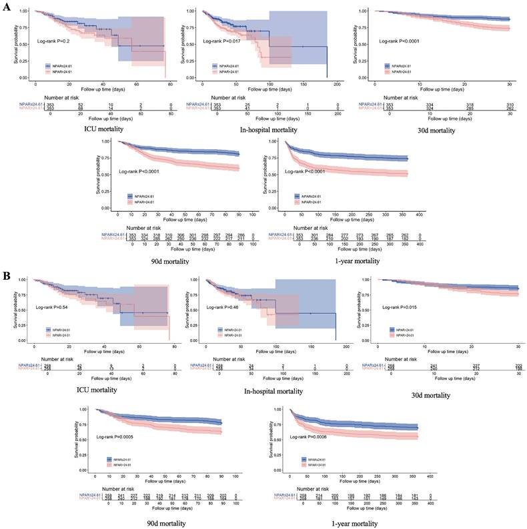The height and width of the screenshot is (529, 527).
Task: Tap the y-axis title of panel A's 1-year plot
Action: click(x=267, y=175)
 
